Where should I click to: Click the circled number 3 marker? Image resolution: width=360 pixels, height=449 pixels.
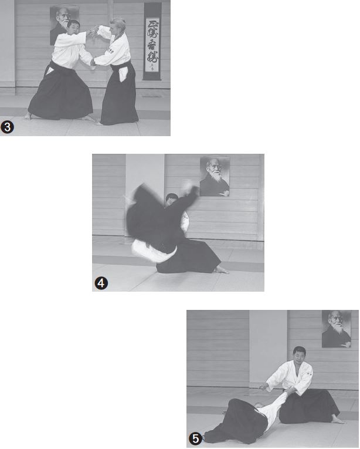pos(8,126)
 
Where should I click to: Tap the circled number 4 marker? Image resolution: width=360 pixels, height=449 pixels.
pos(101,283)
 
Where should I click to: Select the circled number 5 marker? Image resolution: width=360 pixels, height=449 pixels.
pos(195,438)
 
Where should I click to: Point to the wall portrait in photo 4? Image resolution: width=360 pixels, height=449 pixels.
pos(214,175)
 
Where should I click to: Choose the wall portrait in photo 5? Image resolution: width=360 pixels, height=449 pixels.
pos(336,329)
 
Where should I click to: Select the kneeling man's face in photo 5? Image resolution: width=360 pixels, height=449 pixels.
pos(299,356)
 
